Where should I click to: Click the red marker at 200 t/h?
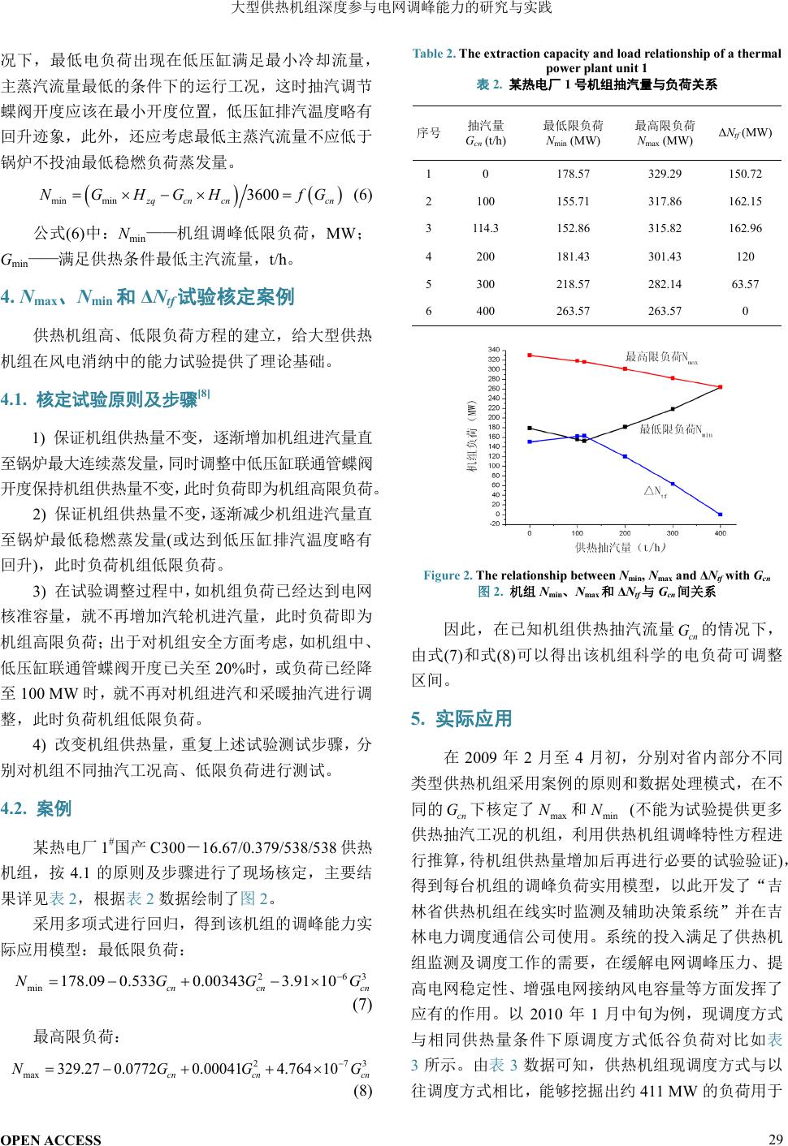[x=625, y=368]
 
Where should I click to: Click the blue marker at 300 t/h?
[x=673, y=484]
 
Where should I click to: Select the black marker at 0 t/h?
[x=530, y=428]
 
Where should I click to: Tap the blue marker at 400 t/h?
[x=720, y=514]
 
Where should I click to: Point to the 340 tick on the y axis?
[x=516, y=350]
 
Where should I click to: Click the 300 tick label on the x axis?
[x=673, y=533]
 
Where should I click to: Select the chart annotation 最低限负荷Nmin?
[x=674, y=429]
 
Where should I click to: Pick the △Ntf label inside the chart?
[x=655, y=492]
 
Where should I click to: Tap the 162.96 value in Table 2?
[x=745, y=229]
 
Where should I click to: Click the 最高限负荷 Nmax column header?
[x=665, y=133]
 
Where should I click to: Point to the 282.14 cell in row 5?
[x=665, y=284]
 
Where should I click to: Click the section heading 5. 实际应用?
[x=461, y=719]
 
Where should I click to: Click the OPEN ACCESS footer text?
[x=51, y=1139]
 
